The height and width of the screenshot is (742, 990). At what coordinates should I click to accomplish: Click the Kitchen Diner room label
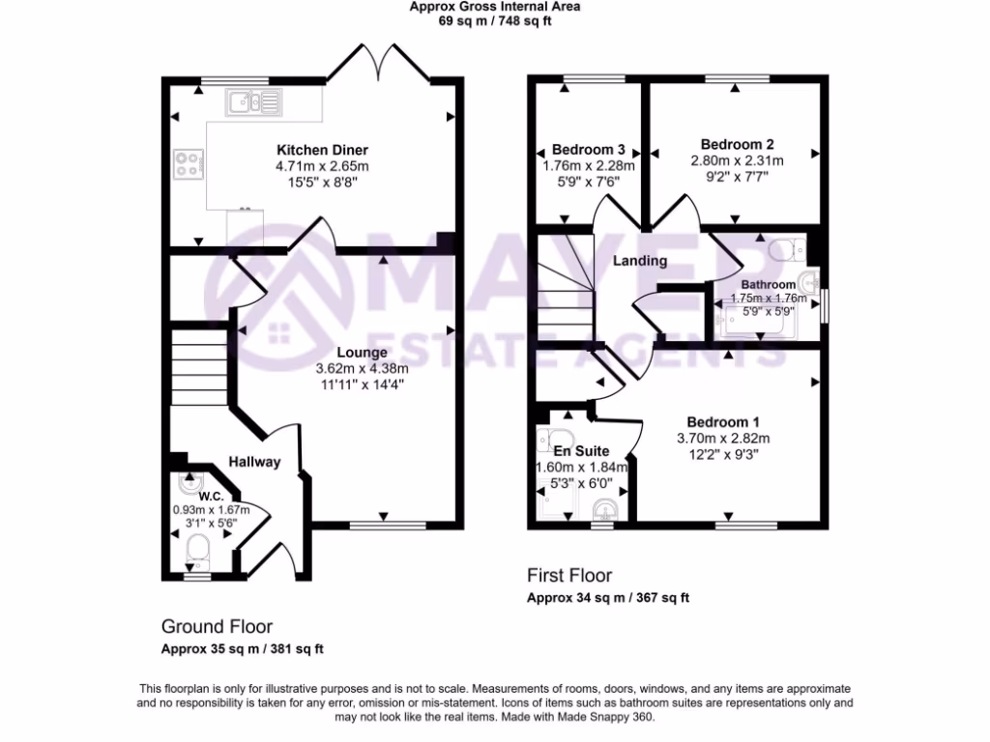tap(322, 150)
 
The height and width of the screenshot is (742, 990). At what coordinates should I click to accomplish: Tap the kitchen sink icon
tap(253, 100)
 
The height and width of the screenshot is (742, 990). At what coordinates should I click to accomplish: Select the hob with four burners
tap(188, 164)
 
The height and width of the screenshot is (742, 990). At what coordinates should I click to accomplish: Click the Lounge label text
tap(364, 353)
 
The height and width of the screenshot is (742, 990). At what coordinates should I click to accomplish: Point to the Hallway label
tap(255, 462)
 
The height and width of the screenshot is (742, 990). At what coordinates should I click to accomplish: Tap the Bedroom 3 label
tap(588, 150)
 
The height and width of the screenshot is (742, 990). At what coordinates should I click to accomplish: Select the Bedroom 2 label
tap(737, 143)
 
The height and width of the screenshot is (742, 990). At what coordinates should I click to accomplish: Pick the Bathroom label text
tap(769, 285)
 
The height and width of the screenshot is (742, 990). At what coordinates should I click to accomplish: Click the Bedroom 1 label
tap(723, 422)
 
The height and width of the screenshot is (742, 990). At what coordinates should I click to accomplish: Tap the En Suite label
tap(581, 450)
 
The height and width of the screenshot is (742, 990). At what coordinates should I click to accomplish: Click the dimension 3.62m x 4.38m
tap(362, 368)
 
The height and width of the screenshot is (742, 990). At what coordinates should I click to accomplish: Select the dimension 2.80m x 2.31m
tap(737, 160)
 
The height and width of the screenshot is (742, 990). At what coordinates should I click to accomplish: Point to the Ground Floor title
tap(217, 626)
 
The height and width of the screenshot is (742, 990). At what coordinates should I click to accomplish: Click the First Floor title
tap(569, 576)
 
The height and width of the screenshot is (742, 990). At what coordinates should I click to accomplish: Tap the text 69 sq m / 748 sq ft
tap(494, 21)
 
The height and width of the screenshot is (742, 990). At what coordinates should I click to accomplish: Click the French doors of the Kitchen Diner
tap(380, 62)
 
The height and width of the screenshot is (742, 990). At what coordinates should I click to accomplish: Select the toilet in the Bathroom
tap(785, 249)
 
